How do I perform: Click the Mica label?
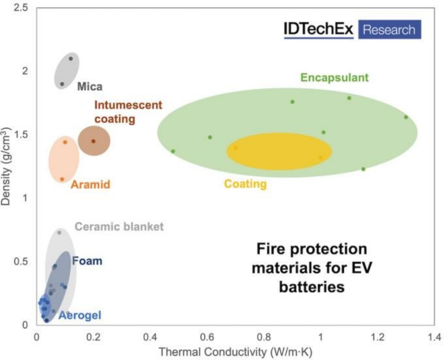click(x=89, y=86)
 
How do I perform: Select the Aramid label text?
click(x=90, y=185)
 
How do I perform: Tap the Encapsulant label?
click(x=334, y=77)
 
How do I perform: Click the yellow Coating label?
click(x=245, y=184)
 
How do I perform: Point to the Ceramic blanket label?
click(x=119, y=227)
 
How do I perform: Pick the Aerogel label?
click(x=80, y=315)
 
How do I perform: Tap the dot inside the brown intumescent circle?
click(x=93, y=141)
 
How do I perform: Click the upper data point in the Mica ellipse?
click(x=70, y=58)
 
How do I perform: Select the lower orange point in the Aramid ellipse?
click(x=62, y=179)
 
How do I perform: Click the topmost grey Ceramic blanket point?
click(x=59, y=232)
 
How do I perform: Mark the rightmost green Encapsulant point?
click(x=406, y=117)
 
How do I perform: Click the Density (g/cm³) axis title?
click(x=6, y=165)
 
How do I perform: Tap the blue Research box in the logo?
click(x=388, y=29)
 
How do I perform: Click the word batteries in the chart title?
click(x=311, y=287)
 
